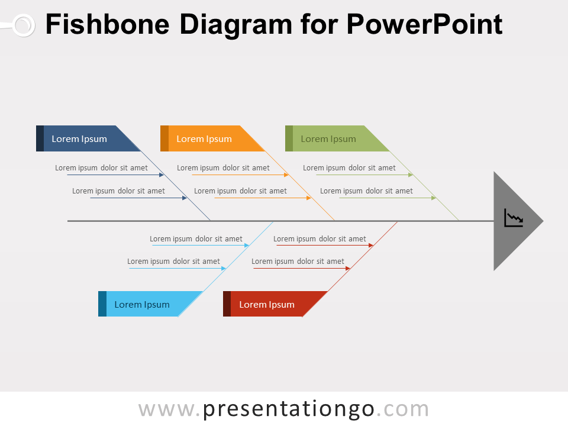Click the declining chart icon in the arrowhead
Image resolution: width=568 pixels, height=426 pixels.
pos(514,218)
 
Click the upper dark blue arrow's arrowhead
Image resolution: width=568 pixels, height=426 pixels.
pos(162,175)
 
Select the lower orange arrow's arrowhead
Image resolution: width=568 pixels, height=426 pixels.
pos(309,198)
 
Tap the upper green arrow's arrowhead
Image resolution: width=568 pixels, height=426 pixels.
pos(411,175)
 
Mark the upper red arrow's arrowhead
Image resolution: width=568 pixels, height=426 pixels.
pos(371,245)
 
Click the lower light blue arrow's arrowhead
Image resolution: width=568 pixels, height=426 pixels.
pos(224,269)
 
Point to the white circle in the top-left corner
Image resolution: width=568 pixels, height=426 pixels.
pos(23,25)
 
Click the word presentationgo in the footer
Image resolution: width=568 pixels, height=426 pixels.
pos(289,409)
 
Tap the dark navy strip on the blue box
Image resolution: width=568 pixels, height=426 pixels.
pos(40,138)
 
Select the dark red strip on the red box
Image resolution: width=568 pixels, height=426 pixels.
pos(227,304)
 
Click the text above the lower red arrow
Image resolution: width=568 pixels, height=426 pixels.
pos(298,261)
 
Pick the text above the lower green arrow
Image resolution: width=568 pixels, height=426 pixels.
pos(366,191)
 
